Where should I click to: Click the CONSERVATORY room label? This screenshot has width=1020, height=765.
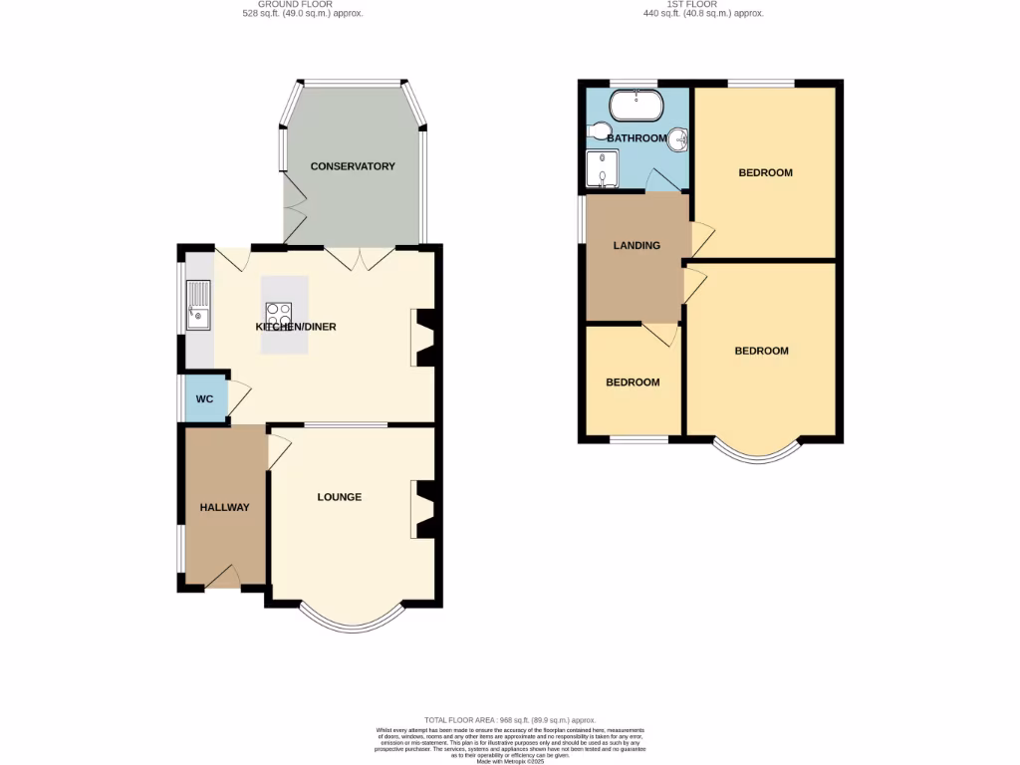[x=353, y=166]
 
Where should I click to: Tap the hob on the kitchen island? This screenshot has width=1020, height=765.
[x=278, y=314]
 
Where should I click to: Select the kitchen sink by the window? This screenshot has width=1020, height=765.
[x=198, y=307]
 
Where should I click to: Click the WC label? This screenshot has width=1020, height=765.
[x=204, y=399]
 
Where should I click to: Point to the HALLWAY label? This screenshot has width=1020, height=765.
[x=224, y=507]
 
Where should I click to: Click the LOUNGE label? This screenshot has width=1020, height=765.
[x=339, y=497]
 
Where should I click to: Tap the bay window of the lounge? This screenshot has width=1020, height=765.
[x=354, y=622]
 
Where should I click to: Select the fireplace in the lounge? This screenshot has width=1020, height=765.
[x=424, y=509]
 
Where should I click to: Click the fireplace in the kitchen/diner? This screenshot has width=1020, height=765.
[x=424, y=338]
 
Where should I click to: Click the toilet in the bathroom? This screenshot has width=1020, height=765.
[x=600, y=131]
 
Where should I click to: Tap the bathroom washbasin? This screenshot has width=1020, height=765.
[x=678, y=140]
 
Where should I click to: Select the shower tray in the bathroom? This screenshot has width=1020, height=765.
[x=603, y=169]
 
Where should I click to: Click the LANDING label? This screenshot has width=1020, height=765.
[x=637, y=245]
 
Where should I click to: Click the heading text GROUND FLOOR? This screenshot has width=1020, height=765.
[x=304, y=4]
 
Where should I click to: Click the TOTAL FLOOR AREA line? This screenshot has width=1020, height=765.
[x=509, y=720]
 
